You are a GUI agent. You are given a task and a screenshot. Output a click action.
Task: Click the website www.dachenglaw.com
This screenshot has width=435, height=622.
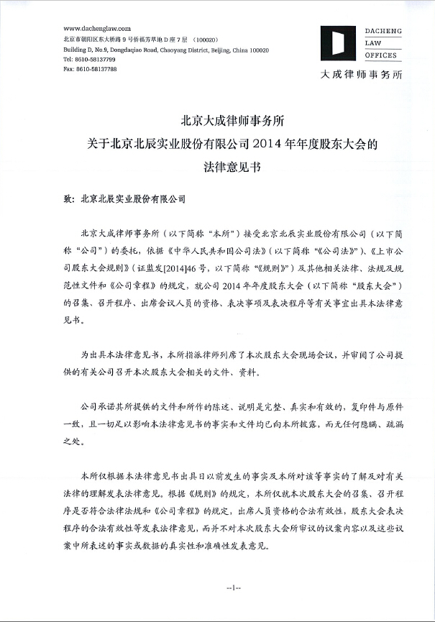click(x=91, y=27)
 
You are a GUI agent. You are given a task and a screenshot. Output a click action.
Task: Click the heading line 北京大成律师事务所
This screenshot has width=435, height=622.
click(x=217, y=123)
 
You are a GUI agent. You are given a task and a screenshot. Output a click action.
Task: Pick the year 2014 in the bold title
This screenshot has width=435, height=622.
click(x=261, y=143)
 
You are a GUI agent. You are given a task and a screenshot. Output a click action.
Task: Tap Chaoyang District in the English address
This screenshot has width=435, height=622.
click(x=178, y=50)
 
